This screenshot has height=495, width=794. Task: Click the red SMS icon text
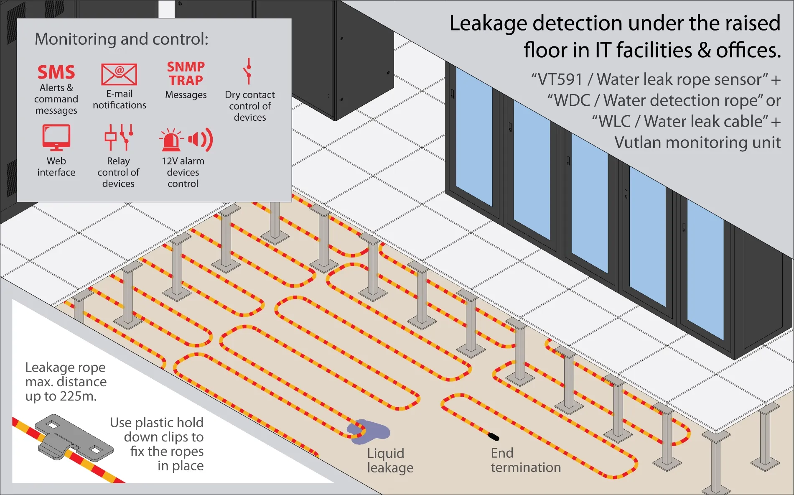[56, 72]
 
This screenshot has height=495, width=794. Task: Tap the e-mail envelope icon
[119, 74]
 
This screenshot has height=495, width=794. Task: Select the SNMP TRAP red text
[186, 73]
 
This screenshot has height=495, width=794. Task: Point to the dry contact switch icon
[249, 71]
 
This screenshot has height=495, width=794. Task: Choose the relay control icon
[119, 137]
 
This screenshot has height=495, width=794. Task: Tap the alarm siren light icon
[171, 140]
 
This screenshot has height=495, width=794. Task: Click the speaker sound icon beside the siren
[201, 139]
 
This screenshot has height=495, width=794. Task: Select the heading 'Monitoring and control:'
[122, 39]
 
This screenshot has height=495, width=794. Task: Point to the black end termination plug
[494, 437]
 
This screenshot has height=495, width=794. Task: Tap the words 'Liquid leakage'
[390, 460]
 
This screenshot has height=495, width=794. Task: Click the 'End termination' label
[525, 460]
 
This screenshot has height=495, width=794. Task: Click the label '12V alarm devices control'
[183, 172]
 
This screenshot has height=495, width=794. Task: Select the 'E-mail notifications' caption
[120, 100]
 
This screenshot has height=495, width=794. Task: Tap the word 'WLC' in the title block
[614, 122]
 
